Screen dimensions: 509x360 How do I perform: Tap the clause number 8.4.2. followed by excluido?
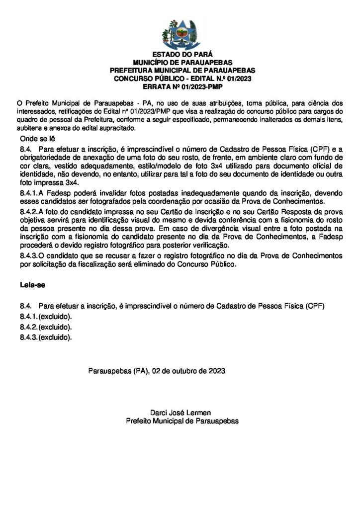pyautogui.click(x=29, y=328)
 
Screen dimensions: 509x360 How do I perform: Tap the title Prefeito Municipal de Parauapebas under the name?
pyautogui.click(x=182, y=421)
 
